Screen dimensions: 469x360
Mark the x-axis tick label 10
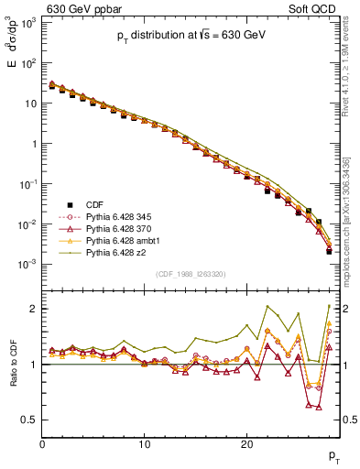(x=145, y=444)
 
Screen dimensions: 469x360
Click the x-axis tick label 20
(x=246, y=444)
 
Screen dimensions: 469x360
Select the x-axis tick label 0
(x=43, y=444)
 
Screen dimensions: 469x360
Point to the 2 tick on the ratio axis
(x=35, y=309)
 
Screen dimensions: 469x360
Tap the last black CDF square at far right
(x=328, y=251)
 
